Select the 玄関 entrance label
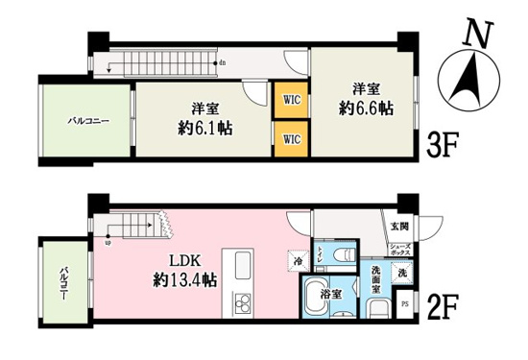coord(398,228)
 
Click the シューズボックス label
coord(399,250)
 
